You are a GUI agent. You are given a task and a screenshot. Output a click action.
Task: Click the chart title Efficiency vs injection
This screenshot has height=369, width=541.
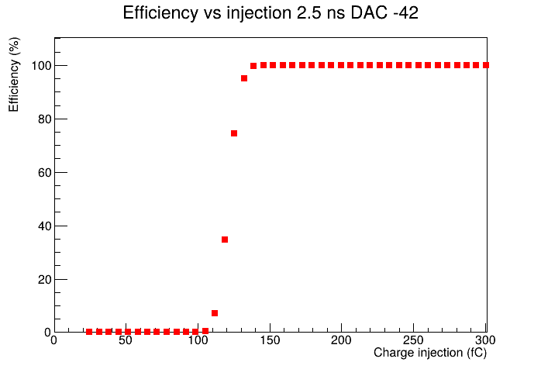pos(208,13)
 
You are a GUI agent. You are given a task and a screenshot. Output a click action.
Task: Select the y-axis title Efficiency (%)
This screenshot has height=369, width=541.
pos(14,74)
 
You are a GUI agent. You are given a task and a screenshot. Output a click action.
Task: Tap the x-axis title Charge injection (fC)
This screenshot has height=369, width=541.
pos(430,353)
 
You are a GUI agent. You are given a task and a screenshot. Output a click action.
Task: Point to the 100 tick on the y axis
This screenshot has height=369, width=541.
pos(41,66)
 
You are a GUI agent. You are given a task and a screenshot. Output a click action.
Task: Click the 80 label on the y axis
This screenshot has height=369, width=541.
pos(44,119)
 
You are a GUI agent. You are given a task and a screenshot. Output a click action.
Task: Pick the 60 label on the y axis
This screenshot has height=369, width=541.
pos(44,173)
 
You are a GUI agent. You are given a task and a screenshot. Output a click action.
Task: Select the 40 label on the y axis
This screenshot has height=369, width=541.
pos(44,226)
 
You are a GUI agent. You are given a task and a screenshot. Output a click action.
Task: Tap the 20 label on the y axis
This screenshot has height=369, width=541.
pos(44,280)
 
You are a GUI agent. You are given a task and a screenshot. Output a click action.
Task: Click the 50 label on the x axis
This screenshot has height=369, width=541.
pos(126,340)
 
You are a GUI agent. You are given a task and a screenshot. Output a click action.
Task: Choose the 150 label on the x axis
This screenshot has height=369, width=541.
pos(270,340)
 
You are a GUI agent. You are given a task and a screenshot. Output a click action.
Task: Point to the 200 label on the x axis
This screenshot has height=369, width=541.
pos(341,340)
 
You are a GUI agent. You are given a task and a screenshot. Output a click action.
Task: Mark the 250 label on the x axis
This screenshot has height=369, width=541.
pos(413,340)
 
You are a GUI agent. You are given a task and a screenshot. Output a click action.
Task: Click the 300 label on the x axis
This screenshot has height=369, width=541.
pos(485,340)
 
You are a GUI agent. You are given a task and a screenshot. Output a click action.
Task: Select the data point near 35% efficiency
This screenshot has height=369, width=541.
pos(225,240)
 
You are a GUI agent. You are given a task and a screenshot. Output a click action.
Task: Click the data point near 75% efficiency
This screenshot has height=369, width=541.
pos(234,133)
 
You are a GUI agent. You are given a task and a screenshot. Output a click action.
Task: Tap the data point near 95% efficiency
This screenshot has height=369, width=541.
pos(244,78)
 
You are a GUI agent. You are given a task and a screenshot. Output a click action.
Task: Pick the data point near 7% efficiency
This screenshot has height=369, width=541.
pos(215,313)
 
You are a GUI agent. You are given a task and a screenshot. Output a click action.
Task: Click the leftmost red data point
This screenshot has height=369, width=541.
pos(89,332)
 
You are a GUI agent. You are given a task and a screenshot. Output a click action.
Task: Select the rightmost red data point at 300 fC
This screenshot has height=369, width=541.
pos(486,65)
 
